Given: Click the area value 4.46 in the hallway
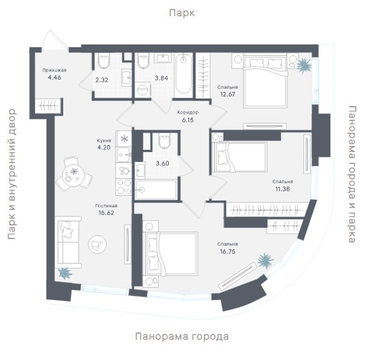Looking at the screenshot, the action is pos(54,78).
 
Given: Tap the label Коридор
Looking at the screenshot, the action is pos(188,113).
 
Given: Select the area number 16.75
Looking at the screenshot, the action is pos(228,252).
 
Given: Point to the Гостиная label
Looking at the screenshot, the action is pos(106,206).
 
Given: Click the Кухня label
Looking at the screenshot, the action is pos(104,140).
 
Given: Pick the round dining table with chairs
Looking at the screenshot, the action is pos(74,174).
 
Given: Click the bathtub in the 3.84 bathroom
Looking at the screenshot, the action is pos(184,74).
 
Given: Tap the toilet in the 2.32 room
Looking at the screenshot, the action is pos(103,61).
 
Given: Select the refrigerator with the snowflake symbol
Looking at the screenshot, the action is pos(124,138).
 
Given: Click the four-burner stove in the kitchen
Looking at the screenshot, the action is pos(124,187).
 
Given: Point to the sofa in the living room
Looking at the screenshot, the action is pos(68,242).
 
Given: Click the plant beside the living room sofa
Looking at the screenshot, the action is pos(65,273).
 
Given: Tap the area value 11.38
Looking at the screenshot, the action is pos(282,189).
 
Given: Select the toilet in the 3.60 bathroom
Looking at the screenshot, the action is pos(165,141).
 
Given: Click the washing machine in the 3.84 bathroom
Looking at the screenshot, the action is pos(143,90).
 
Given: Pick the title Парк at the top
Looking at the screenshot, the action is pos(182,13).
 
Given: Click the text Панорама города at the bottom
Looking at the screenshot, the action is pos(182,336).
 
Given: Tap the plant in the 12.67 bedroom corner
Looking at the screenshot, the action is pos(303,66).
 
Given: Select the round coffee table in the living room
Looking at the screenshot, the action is pos(97,245).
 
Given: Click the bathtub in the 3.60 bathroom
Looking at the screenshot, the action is pos(156,190).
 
